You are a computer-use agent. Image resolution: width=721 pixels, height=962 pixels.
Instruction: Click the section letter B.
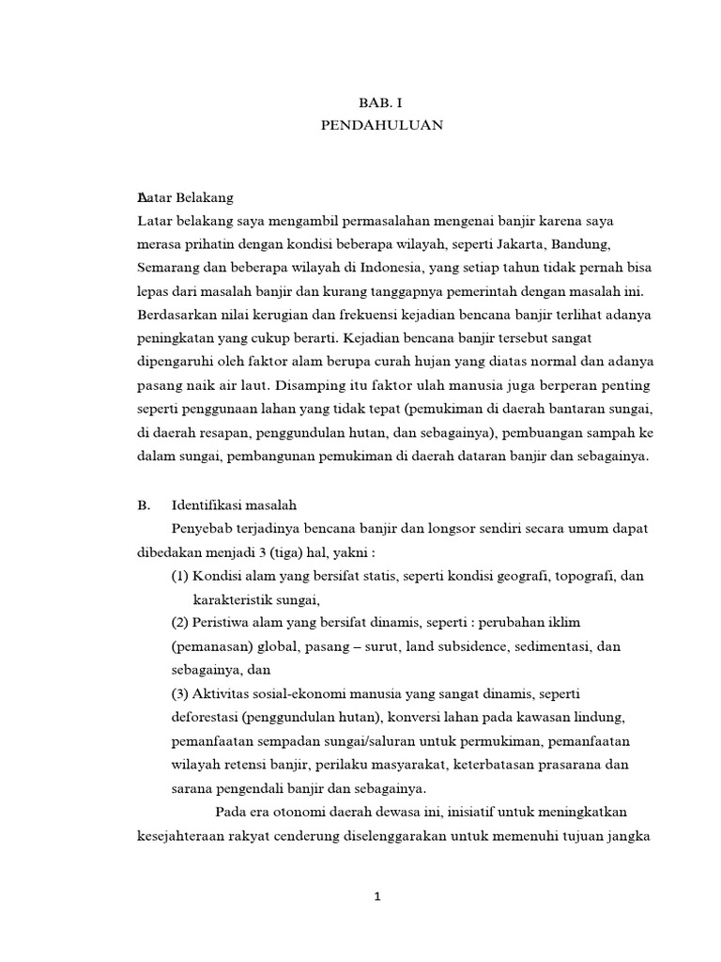click(143, 504)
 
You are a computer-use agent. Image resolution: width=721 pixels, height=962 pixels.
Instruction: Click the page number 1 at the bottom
click(376, 897)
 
